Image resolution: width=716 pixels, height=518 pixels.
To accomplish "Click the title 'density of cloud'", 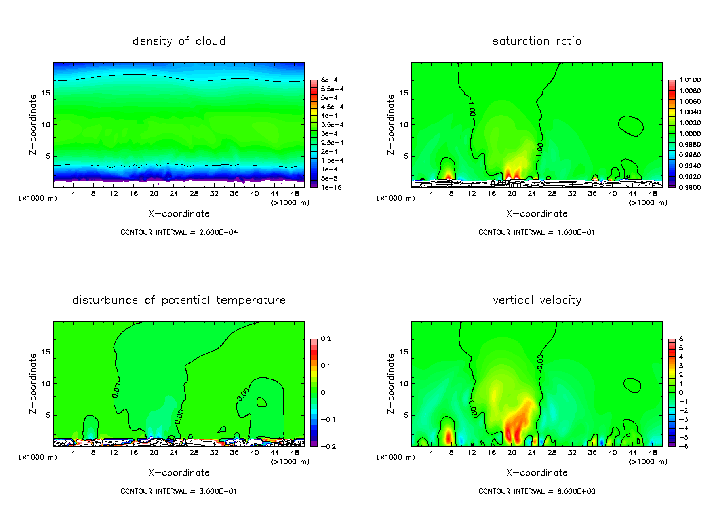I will coord(179,41).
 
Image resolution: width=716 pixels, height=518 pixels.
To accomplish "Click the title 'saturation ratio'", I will coord(537,41).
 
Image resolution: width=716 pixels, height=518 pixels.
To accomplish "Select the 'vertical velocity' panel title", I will coord(537,300).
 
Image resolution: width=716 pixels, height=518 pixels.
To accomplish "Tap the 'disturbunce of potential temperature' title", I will coord(179,300).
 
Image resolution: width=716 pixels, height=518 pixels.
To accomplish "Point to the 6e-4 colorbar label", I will coord(329,80).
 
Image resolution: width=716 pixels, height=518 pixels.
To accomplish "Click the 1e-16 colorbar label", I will coord(331,187).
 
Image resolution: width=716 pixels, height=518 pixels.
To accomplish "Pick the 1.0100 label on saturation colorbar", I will coord(689,80).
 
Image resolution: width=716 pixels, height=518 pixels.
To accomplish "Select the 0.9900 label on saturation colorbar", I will coord(689,187).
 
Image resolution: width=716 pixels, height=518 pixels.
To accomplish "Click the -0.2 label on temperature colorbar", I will coord(328,446).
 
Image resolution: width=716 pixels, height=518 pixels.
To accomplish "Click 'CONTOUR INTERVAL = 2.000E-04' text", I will coord(179,232).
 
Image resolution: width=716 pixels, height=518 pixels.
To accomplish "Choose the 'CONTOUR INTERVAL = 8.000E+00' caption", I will coord(537,491).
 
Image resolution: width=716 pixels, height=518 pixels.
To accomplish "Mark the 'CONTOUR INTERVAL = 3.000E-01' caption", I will coord(179,491).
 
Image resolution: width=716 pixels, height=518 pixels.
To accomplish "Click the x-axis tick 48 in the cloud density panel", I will coord(295,194).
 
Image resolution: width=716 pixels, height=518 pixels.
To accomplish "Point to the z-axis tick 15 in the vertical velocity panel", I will coord(404,352).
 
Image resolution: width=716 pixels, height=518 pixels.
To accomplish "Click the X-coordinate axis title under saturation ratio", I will coord(537,214).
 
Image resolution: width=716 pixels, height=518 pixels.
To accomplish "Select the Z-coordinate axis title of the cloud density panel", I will coord(33,124).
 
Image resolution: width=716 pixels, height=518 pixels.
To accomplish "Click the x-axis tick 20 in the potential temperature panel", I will coord(154,453).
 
